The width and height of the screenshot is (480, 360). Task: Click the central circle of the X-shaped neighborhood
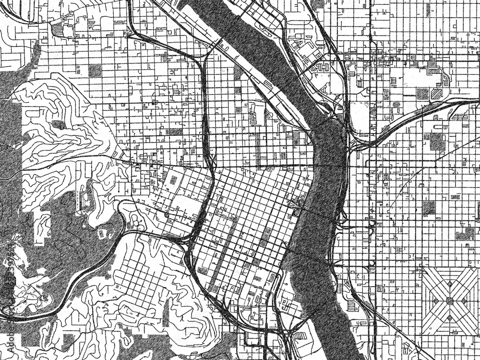coord(450,301)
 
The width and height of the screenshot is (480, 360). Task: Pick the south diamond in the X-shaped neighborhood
coord(450,318)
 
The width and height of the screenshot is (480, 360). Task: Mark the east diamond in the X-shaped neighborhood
coord(467,301)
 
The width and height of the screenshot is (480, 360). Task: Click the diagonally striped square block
coord(436,94)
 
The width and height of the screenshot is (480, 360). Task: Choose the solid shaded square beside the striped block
coord(422,93)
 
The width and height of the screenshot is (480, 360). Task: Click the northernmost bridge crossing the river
coord(218,43)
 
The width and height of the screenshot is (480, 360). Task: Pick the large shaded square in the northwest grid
coord(95,71)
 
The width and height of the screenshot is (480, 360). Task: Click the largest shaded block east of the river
coord(437,142)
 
